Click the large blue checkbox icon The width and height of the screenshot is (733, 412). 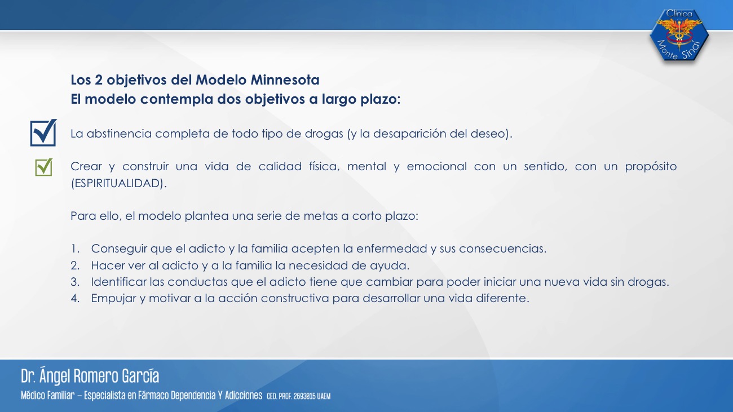43,132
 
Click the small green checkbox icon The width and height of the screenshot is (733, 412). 44,167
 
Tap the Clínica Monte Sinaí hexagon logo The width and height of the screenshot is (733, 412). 679,35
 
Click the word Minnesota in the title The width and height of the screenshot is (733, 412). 285,80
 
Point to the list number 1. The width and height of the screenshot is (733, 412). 75,249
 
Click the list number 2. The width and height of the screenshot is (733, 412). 75,265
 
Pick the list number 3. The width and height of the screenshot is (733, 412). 75,282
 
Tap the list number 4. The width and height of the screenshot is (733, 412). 75,298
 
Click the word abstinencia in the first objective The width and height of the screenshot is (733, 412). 119,134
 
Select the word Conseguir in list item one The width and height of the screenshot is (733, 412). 119,249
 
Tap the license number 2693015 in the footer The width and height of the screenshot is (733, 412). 304,396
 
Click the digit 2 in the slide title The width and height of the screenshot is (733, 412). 99,80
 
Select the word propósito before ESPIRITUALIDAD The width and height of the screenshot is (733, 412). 651,167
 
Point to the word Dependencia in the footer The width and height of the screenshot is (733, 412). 193,396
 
